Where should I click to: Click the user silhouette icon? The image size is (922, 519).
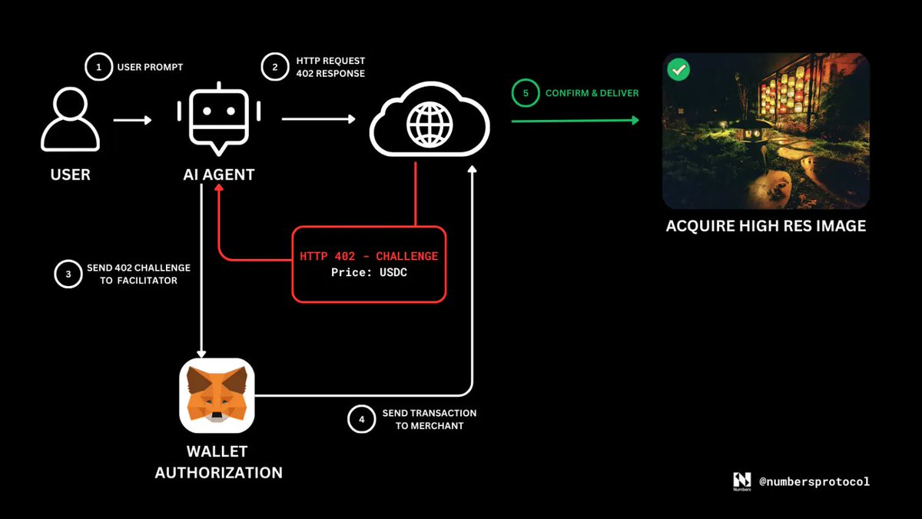(70, 120)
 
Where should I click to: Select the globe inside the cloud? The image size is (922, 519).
(429, 122)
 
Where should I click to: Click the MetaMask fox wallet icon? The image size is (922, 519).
(217, 395)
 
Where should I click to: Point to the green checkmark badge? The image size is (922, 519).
(678, 69)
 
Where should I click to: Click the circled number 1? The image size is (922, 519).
(98, 67)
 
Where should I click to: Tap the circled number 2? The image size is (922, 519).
(274, 67)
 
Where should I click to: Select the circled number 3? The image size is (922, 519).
(68, 274)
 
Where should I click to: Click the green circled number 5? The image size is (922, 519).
(526, 93)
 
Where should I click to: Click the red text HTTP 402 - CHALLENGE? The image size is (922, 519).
(369, 256)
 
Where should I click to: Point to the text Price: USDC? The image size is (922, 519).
(369, 272)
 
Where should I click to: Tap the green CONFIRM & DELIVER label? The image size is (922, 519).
(592, 93)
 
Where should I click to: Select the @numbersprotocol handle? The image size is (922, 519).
(814, 481)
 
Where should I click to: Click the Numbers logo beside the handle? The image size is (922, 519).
(741, 481)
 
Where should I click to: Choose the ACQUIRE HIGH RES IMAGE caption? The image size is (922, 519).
(765, 226)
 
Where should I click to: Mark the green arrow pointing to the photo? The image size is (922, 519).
(575, 120)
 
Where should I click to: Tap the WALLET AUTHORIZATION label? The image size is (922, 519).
(218, 461)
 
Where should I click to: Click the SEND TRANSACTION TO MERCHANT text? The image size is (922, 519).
(429, 419)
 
